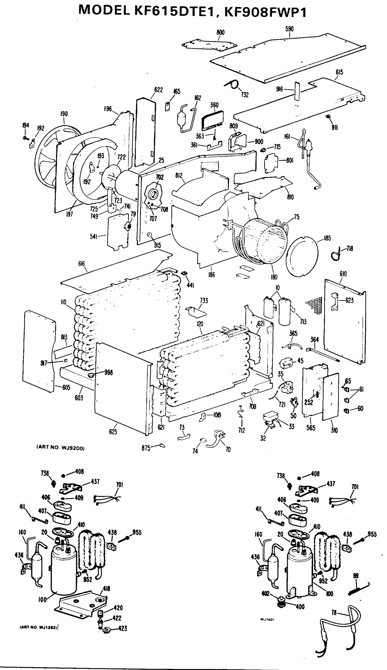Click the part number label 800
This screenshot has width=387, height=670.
tap(220, 32)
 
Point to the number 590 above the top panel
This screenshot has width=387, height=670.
tap(290, 29)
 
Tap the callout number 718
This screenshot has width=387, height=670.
tap(350, 248)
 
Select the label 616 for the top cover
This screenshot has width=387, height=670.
tap(81, 264)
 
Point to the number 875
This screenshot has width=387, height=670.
tap(146, 448)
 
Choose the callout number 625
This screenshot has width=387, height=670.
tap(113, 432)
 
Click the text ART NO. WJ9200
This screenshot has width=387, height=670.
tap(61, 448)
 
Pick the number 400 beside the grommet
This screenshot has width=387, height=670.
tap(300, 607)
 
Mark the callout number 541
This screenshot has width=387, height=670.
tap(93, 237)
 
